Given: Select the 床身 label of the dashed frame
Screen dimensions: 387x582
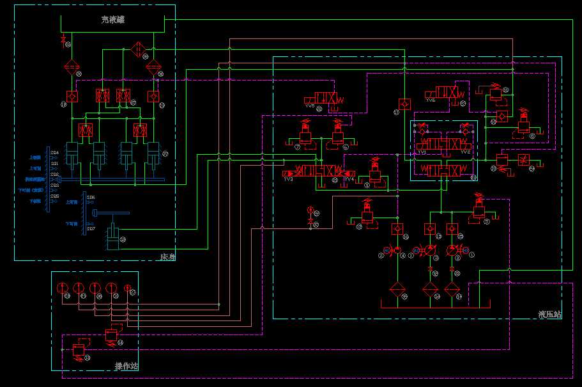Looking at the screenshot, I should tap(167, 257).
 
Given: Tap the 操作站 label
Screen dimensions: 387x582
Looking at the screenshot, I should tap(126, 367).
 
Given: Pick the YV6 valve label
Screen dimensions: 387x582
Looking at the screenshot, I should tap(431, 100).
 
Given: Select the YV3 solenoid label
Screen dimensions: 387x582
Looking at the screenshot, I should tap(422, 152).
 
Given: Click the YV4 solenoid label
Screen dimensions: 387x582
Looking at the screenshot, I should tap(349, 180).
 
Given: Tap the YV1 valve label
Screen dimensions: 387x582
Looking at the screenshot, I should tap(288, 180).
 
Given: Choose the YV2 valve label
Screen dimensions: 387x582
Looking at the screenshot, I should tap(465, 152).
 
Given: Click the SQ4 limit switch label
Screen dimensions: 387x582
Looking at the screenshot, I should tap(55, 152).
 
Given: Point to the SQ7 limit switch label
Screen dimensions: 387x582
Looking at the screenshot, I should tap(91, 229).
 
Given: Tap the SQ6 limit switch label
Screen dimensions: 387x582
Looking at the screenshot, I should tap(91, 198).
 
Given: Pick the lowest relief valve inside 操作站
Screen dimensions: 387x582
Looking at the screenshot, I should tap(79, 349).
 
